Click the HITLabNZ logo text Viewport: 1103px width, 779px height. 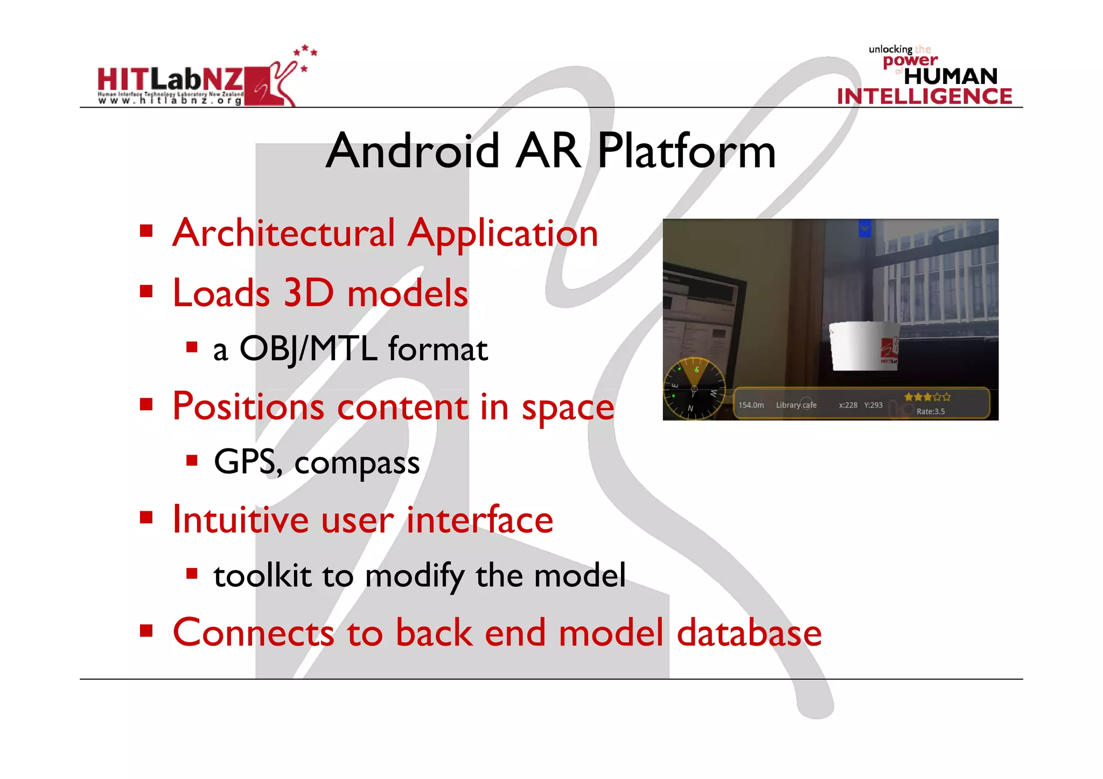pyautogui.click(x=170, y=79)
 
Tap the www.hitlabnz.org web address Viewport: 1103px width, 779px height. pyautogui.click(x=170, y=100)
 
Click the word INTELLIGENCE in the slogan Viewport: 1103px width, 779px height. pyautogui.click(x=924, y=96)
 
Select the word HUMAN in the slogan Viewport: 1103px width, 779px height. pyautogui.click(x=951, y=76)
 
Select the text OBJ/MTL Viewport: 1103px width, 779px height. pyautogui.click(x=308, y=349)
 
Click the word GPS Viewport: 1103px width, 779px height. pyautogui.click(x=246, y=462)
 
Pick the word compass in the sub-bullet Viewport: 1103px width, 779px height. pyautogui.click(x=357, y=463)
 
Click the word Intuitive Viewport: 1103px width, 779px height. pyautogui.click(x=240, y=520)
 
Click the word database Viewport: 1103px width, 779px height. pyautogui.click(x=749, y=633)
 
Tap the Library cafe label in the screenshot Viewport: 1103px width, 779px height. pyautogui.click(x=796, y=405)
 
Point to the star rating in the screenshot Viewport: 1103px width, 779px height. pyautogui.click(x=927, y=397)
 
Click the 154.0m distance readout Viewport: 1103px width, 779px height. pyautogui.click(x=751, y=405)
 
